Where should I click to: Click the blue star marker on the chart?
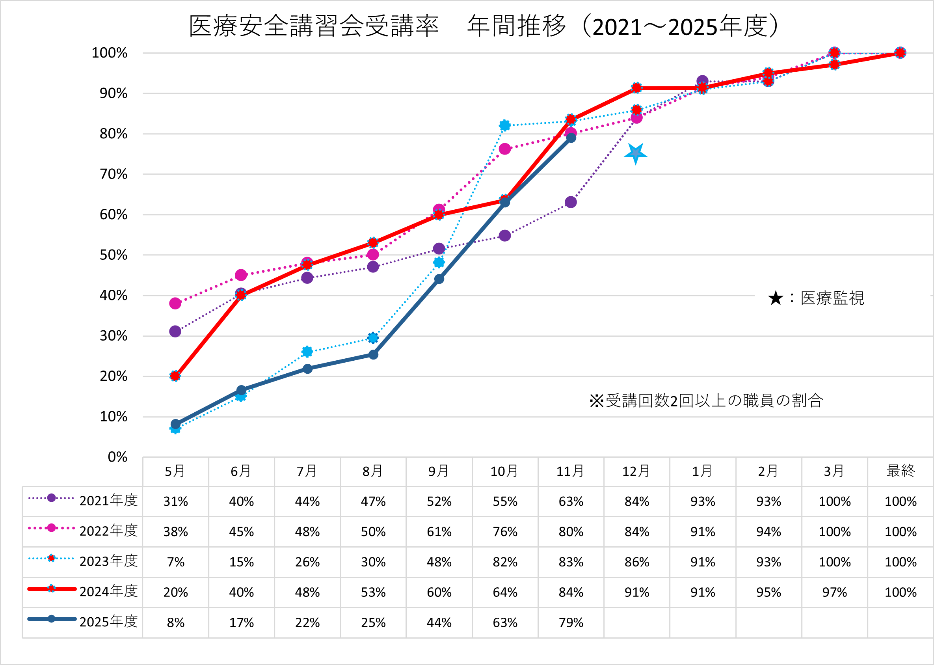[635, 154]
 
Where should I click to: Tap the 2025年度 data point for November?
[571, 138]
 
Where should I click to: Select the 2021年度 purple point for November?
[571, 202]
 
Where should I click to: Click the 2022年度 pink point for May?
[175, 304]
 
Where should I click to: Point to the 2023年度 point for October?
[505, 125]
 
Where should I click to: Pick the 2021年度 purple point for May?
[175, 331]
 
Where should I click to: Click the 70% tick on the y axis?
[113, 175]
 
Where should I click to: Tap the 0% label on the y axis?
[117, 457]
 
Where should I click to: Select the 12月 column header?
[636, 471]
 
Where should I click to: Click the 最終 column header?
[900, 471]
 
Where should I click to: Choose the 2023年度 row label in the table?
[108, 561]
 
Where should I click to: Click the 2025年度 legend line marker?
[52, 619]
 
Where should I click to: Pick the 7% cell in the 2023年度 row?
[176, 562]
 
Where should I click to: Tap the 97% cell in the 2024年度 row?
[834, 592]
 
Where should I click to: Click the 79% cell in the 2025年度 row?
[571, 622]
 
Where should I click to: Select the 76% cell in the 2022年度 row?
[505, 531]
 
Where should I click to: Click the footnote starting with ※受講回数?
[706, 400]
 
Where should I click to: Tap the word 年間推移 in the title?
[517, 26]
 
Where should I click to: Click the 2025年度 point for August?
[373, 355]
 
